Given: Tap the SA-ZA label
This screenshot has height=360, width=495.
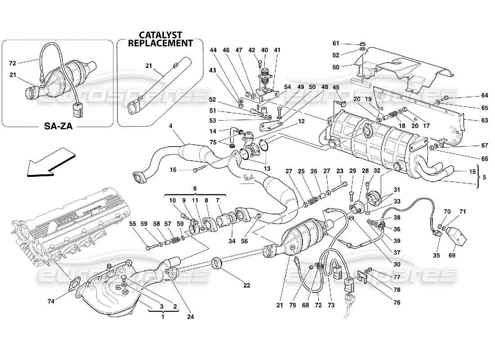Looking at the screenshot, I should point(57,127).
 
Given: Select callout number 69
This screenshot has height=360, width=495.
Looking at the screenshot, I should point(452,256).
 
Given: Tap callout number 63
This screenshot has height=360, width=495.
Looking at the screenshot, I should point(472,120).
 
